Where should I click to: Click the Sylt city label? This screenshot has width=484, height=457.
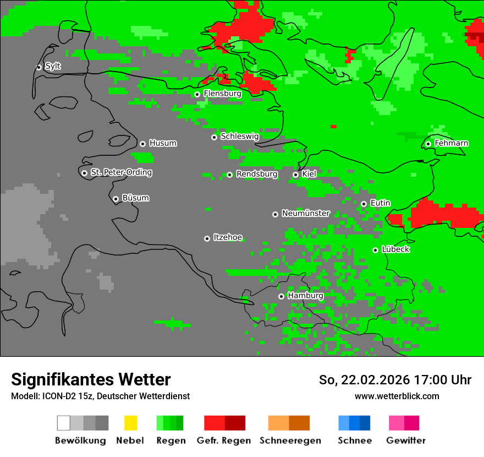point(53,66)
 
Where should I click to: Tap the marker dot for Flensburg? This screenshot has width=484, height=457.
point(197,94)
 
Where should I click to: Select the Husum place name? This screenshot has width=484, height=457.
point(163,143)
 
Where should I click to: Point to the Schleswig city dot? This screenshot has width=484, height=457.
point(214,137)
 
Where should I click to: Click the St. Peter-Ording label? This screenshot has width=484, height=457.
point(121,172)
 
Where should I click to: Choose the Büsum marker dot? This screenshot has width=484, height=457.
point(116,199)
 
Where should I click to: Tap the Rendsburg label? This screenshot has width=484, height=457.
point(257,174)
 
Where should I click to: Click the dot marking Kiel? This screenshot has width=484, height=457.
point(295,175)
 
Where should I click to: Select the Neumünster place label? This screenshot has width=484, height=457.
point(306,213)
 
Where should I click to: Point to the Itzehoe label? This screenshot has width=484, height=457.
point(228,237)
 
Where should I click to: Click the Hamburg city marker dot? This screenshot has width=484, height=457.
point(281,296)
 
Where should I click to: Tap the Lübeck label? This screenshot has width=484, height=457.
point(395,249)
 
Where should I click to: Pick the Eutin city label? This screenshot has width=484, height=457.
point(380,203)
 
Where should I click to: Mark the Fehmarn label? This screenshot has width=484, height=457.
point(451,143)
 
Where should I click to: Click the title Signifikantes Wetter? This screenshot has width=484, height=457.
point(91,379)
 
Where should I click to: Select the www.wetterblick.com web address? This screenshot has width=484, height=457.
point(397,396)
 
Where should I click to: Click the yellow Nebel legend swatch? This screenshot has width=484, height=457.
point(130,423)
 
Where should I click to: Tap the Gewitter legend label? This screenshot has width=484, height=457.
point(405,440)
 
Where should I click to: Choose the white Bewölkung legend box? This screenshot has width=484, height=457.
point(64,423)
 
